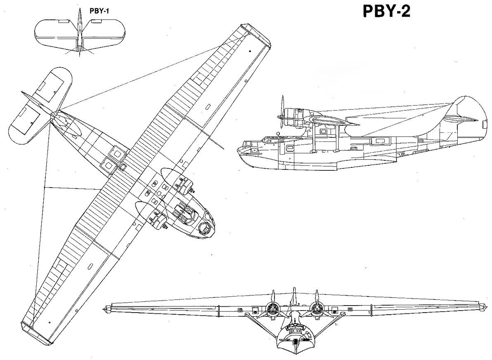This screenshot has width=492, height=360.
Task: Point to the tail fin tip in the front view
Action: click(x=293, y=289)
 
